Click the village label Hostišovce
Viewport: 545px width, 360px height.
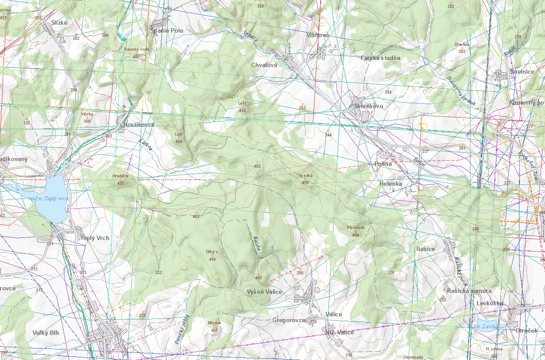tap(139, 125)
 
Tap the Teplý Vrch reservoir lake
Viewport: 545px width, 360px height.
tap(52, 199)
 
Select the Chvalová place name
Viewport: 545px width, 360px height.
tap(264, 65)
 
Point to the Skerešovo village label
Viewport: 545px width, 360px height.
tap(369, 106)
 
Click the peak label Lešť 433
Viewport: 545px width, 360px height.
tap(242, 106)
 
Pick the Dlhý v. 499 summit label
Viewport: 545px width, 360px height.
tap(212, 255)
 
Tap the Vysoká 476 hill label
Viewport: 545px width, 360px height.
tap(305, 179)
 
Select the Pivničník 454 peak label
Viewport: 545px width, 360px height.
tap(355, 231)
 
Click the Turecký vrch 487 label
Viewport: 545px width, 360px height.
tap(136, 52)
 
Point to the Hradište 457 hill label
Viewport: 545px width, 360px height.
tap(120, 179)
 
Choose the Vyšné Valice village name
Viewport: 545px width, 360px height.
tap(265, 292)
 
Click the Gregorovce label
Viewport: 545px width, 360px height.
tap(289, 320)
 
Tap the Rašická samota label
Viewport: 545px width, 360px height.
tap(469, 291)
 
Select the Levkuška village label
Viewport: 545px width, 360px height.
tap(490, 304)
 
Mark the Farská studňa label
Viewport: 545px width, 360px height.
tap(380, 58)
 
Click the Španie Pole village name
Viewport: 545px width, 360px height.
tap(167, 30)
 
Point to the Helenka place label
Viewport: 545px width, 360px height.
tap(391, 183)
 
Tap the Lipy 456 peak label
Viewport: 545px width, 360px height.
tap(179, 137)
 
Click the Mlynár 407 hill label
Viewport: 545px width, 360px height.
tap(214, 326)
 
